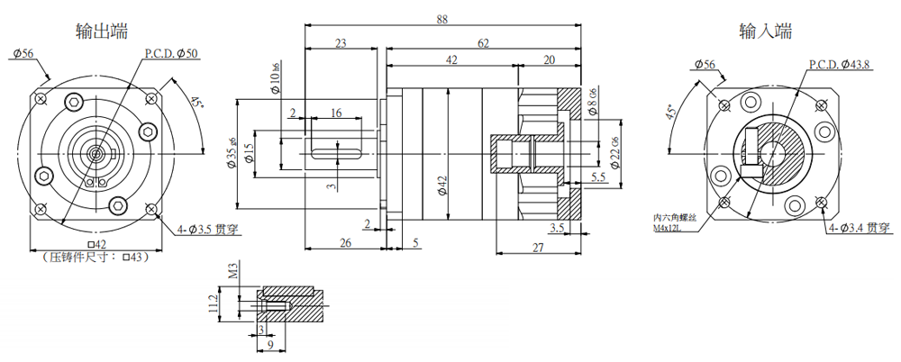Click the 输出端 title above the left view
[x=101, y=31]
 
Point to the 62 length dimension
[x=483, y=42]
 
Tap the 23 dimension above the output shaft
[x=341, y=42]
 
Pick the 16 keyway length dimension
[x=335, y=112]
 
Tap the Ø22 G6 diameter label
[x=615, y=154]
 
